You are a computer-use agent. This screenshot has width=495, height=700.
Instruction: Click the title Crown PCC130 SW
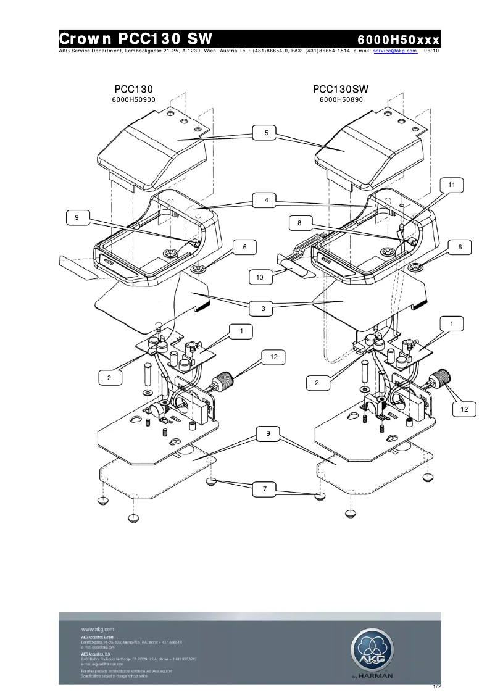(x=135, y=38)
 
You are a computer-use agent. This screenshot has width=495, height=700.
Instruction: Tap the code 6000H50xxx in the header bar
(x=398, y=40)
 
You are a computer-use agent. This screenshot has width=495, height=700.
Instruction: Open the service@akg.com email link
(x=395, y=51)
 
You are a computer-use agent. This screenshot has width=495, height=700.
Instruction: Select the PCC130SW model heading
(x=341, y=90)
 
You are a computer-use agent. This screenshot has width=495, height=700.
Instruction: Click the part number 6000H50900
(x=133, y=99)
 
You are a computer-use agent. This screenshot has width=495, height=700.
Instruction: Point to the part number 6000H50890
(x=341, y=99)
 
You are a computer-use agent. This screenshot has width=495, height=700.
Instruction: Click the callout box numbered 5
(x=266, y=133)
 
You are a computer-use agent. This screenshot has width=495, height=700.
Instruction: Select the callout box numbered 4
(x=266, y=200)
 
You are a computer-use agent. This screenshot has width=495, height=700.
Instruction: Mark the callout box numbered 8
(x=299, y=223)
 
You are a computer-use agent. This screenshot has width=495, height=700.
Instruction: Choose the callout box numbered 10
(x=260, y=278)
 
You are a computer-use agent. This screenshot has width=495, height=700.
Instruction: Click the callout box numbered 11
(x=451, y=185)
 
